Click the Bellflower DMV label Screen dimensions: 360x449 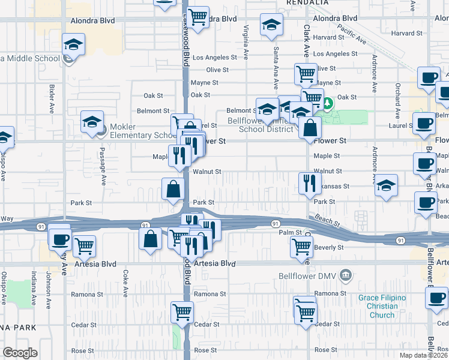click(x=306, y=276)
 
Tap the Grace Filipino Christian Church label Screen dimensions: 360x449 click(x=382, y=306)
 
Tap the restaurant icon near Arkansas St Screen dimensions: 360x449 click(x=309, y=182)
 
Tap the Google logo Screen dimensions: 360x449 click(x=20, y=353)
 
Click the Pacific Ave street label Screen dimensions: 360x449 click(x=352, y=34)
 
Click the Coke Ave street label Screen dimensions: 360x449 click(x=125, y=283)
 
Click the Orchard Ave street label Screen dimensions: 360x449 click(x=397, y=95)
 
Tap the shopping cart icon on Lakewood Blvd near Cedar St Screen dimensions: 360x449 click(x=182, y=311)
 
